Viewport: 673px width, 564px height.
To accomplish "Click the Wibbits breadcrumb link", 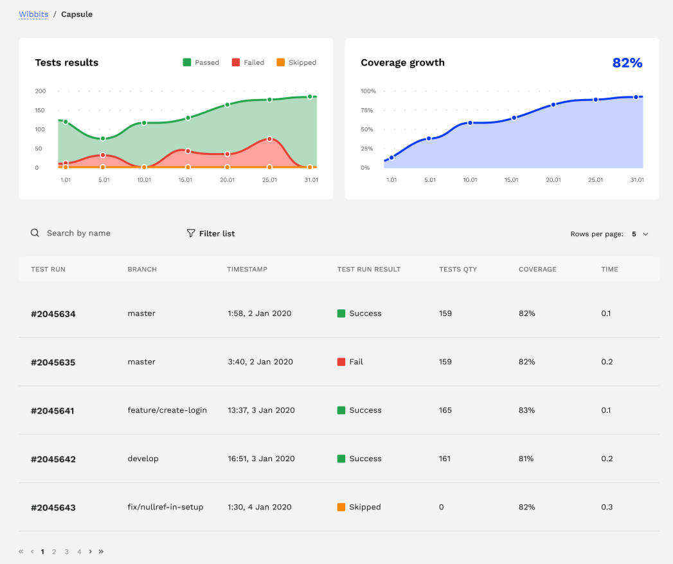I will click(33, 14).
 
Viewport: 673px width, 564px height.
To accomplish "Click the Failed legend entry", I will click(248, 62).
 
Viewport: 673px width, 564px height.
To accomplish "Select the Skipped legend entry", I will click(296, 62).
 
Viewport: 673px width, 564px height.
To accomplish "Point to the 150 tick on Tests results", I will click(40, 110).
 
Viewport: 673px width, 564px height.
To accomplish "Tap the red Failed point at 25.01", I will click(269, 139).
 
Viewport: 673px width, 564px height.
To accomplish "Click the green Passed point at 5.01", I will click(103, 138).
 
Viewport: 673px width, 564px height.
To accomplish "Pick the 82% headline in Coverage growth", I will click(627, 62).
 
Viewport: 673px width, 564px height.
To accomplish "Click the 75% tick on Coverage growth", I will click(366, 110).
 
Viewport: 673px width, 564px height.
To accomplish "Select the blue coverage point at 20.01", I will click(553, 104).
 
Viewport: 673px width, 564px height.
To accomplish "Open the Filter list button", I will click(211, 233).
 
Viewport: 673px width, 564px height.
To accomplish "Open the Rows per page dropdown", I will click(640, 234).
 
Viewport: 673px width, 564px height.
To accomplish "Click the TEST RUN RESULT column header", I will click(369, 269).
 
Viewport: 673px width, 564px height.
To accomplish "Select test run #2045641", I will click(53, 411).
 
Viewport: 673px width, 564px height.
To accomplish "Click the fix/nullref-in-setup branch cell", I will click(165, 507).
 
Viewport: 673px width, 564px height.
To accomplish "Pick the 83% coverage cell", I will click(526, 410).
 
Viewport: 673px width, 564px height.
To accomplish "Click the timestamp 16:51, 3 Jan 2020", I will click(261, 459).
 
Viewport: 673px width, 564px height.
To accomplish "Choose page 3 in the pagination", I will click(66, 552).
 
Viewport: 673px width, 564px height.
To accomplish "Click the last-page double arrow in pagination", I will click(101, 552).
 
